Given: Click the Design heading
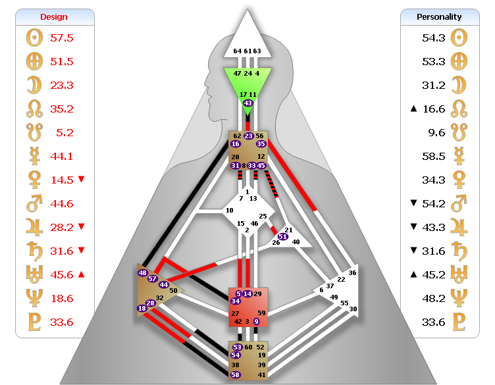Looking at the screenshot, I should click(x=54, y=16).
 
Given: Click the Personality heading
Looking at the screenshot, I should click(x=439, y=16).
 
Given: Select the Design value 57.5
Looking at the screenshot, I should click(x=62, y=38).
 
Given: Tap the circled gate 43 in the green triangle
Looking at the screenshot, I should click(x=248, y=103).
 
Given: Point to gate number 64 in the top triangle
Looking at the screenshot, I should click(x=237, y=51).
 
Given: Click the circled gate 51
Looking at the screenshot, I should click(x=283, y=236).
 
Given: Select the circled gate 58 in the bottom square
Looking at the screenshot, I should click(x=236, y=374).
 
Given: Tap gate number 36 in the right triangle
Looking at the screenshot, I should click(x=352, y=272).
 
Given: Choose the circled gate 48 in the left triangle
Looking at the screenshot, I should click(x=142, y=272).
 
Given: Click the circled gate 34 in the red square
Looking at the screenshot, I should click(x=236, y=301).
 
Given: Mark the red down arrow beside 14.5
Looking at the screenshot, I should click(x=82, y=180).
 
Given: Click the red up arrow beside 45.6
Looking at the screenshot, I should click(x=82, y=274).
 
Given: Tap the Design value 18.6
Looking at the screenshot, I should click(x=62, y=298).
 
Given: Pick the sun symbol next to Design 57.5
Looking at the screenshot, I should click(x=33, y=38).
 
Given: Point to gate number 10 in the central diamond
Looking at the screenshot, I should click(x=230, y=211).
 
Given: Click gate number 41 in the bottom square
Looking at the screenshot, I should click(x=261, y=374).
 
